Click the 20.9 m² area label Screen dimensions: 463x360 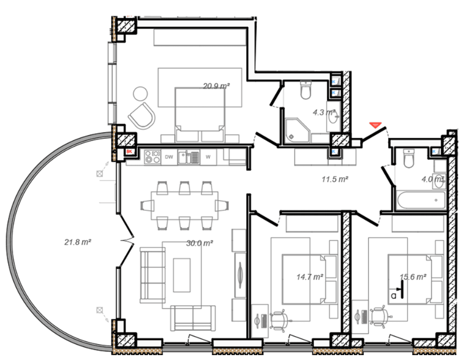click(216, 86)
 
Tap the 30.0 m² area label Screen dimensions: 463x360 click(199, 243)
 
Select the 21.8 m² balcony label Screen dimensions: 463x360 click(78, 242)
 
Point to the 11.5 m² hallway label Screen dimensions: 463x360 click(335, 179)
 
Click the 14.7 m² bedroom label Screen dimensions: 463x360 click(310, 277)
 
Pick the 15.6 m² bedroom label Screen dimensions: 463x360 click(413, 277)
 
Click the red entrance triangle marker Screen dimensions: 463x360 click(376, 125)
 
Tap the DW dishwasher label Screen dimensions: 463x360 click(169, 157)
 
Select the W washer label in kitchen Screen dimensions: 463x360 click(208, 157)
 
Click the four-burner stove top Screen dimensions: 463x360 click(152, 157)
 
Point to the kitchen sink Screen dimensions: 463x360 click(189, 157)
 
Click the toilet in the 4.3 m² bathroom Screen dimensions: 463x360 click(305, 90)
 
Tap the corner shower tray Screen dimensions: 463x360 click(297, 131)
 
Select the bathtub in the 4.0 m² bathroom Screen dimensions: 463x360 click(421, 200)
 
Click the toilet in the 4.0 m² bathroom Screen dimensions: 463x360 click(408, 158)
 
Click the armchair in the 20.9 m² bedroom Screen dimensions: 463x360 click(142, 115)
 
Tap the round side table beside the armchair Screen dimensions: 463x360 click(140, 93)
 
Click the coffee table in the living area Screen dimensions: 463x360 click(182, 275)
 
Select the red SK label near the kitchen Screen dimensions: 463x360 click(129, 151)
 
